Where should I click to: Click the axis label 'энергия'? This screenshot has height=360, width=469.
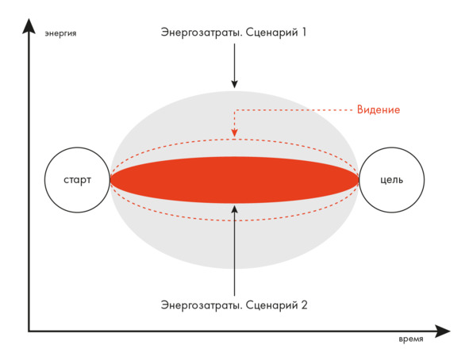point(61,33)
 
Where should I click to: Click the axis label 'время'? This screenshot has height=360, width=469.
point(411,339)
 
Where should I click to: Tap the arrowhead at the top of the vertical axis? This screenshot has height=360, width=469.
point(29,25)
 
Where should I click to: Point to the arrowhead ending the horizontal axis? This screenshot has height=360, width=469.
point(442,331)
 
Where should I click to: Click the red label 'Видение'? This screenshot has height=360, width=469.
point(379,109)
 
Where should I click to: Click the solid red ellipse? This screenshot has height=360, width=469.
point(235,180)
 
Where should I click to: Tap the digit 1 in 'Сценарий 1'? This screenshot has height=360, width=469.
point(304,32)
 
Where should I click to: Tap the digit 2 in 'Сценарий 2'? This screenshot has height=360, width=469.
point(304,305)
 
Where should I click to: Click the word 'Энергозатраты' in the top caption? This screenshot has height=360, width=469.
point(202,33)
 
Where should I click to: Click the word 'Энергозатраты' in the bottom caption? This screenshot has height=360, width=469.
point(202,305)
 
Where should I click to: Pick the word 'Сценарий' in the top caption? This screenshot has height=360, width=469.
point(271,33)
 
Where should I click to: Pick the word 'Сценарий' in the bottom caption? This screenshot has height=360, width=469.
point(271,305)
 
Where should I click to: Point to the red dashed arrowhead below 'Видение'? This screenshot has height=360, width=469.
point(235,132)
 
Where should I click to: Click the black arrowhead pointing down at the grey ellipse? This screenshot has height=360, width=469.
point(235,84)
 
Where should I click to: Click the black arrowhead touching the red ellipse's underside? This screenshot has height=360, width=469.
point(235,209)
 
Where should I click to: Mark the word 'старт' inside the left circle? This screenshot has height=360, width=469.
point(77,180)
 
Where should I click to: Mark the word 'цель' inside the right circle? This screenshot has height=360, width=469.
point(391,180)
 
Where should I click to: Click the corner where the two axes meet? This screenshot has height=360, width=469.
point(29,331)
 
